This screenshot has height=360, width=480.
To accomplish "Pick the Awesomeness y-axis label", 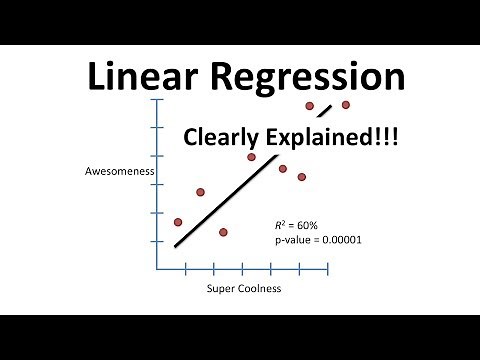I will click(x=119, y=171).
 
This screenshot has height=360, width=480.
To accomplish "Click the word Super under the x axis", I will click(x=220, y=289).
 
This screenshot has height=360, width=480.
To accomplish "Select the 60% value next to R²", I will click(x=309, y=225).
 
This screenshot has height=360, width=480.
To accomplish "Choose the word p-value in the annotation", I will click(x=290, y=240).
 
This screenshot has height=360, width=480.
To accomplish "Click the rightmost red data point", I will click(x=346, y=104).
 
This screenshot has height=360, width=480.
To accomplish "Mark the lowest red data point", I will click(x=223, y=232).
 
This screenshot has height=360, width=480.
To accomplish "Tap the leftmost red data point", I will click(x=178, y=222).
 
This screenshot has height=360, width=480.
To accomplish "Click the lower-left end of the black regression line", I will click(x=176, y=245).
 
